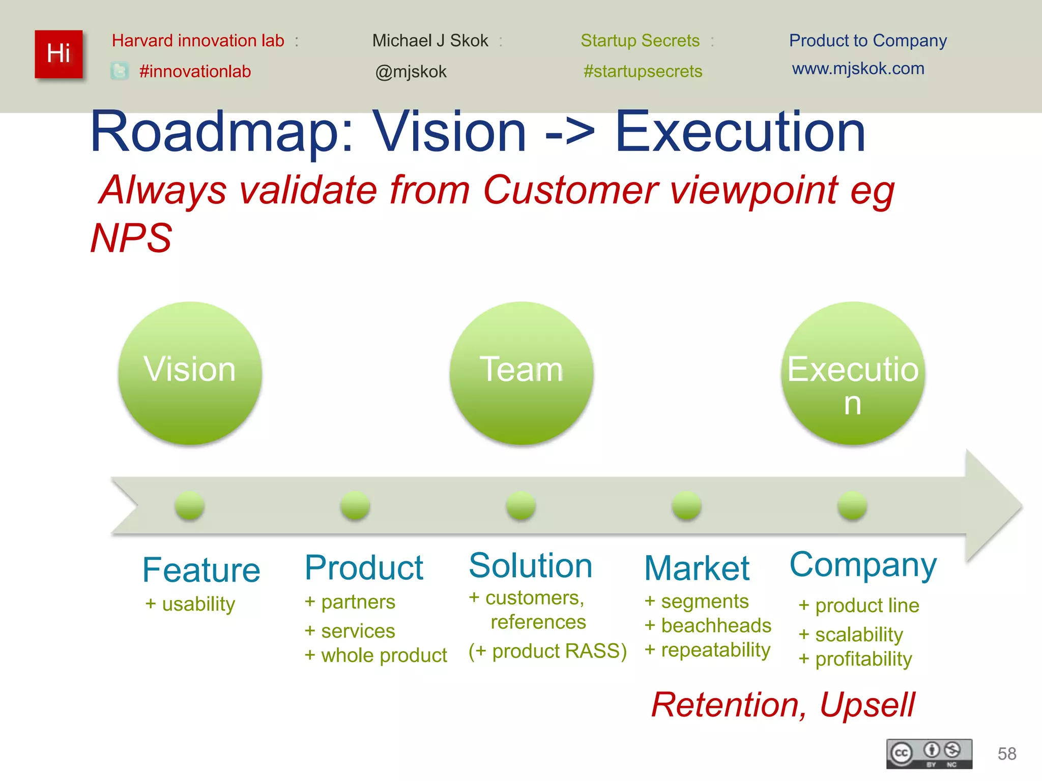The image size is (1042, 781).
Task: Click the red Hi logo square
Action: pyautogui.click(x=59, y=54)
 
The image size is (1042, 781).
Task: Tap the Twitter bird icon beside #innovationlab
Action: pyautogui.click(x=120, y=71)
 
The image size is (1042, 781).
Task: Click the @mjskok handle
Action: pyautogui.click(x=411, y=72)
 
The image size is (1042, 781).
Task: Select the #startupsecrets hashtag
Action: pyautogui.click(x=643, y=71)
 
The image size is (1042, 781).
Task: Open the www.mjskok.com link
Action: pyautogui.click(x=858, y=69)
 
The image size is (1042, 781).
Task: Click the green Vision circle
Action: pyautogui.click(x=190, y=373)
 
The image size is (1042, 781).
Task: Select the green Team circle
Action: pyautogui.click(x=522, y=373)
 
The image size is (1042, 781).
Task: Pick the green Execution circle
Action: pyautogui.click(x=853, y=373)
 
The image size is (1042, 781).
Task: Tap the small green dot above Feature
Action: pyautogui.click(x=189, y=505)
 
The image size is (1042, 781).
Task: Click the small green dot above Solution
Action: pyautogui.click(x=521, y=505)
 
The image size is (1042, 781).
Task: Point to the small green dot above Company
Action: pyautogui.click(x=852, y=505)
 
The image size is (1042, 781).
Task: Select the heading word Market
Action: pyautogui.click(x=697, y=568)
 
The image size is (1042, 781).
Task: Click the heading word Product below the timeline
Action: pyautogui.click(x=364, y=567)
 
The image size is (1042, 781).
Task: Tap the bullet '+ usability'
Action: pyautogui.click(x=190, y=604)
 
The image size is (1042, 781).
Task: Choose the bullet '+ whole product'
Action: pyautogui.click(x=375, y=655)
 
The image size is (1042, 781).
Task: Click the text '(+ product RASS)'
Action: pyautogui.click(x=547, y=651)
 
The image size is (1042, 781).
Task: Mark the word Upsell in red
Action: pyautogui.click(x=867, y=705)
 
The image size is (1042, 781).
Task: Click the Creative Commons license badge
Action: pyautogui.click(x=929, y=754)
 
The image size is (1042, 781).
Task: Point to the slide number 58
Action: pyautogui.click(x=1007, y=754)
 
